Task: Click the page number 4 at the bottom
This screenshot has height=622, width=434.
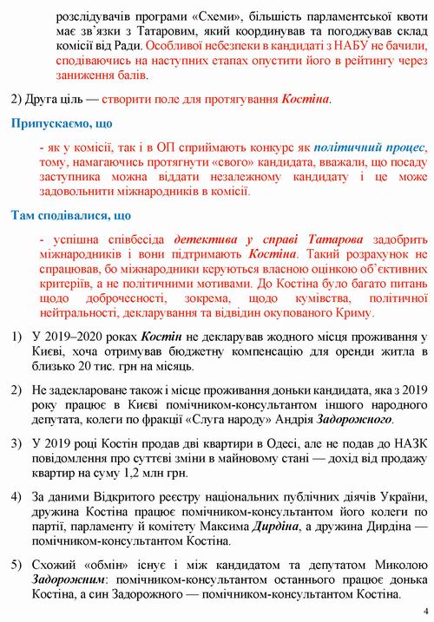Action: coord(424,610)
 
